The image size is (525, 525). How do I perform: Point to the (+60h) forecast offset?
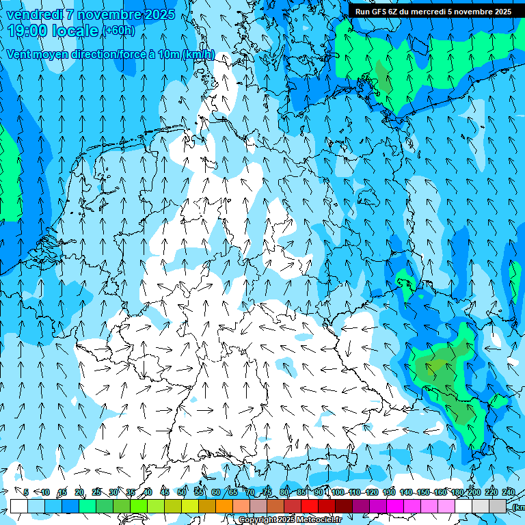coord(118,31)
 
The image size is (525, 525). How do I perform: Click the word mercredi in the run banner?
coord(446,12)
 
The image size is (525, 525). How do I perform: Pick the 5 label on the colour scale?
coord(26,492)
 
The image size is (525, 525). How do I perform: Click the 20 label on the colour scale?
coord(79,492)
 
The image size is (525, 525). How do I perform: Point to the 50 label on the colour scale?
coord(182,492)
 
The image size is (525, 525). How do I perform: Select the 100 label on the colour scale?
coord(338,492)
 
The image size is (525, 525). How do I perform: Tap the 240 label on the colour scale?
coord(508,492)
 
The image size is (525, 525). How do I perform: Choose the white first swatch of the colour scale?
coord(19,506)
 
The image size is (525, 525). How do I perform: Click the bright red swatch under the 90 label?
coord(310,506)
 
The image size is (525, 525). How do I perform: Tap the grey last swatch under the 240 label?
coord(498,506)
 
